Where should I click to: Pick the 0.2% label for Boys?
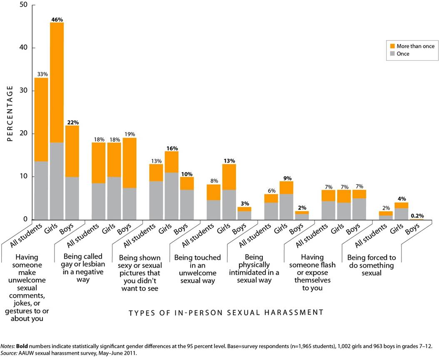click(x=417, y=216)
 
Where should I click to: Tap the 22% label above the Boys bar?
click(x=72, y=122)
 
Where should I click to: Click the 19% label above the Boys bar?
click(x=130, y=135)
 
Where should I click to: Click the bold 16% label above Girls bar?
click(x=172, y=148)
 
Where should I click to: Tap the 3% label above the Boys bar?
click(x=244, y=203)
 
